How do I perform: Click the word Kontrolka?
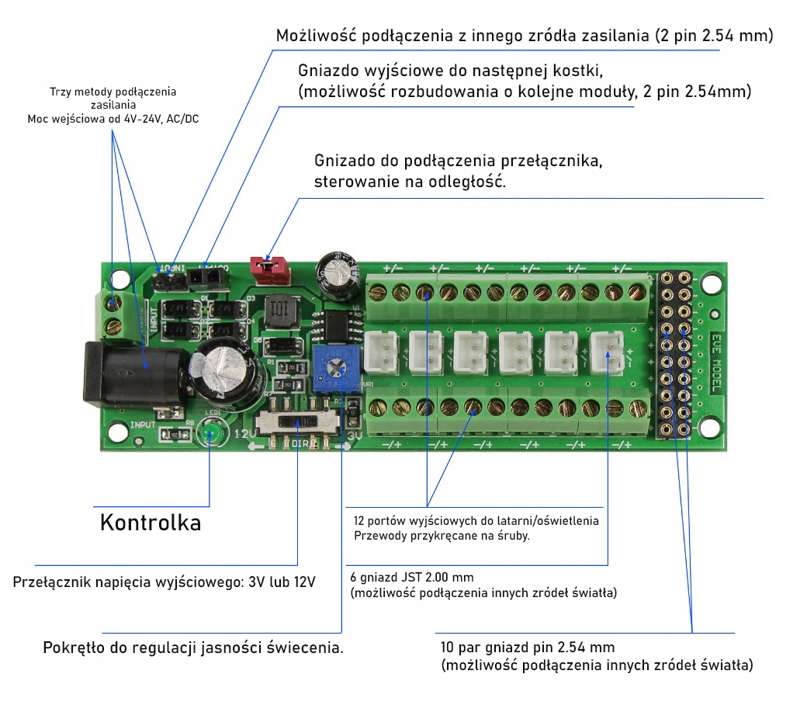pyautogui.click(x=151, y=523)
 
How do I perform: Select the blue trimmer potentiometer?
pyautogui.click(x=334, y=366)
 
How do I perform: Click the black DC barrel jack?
pyautogui.click(x=133, y=375)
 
